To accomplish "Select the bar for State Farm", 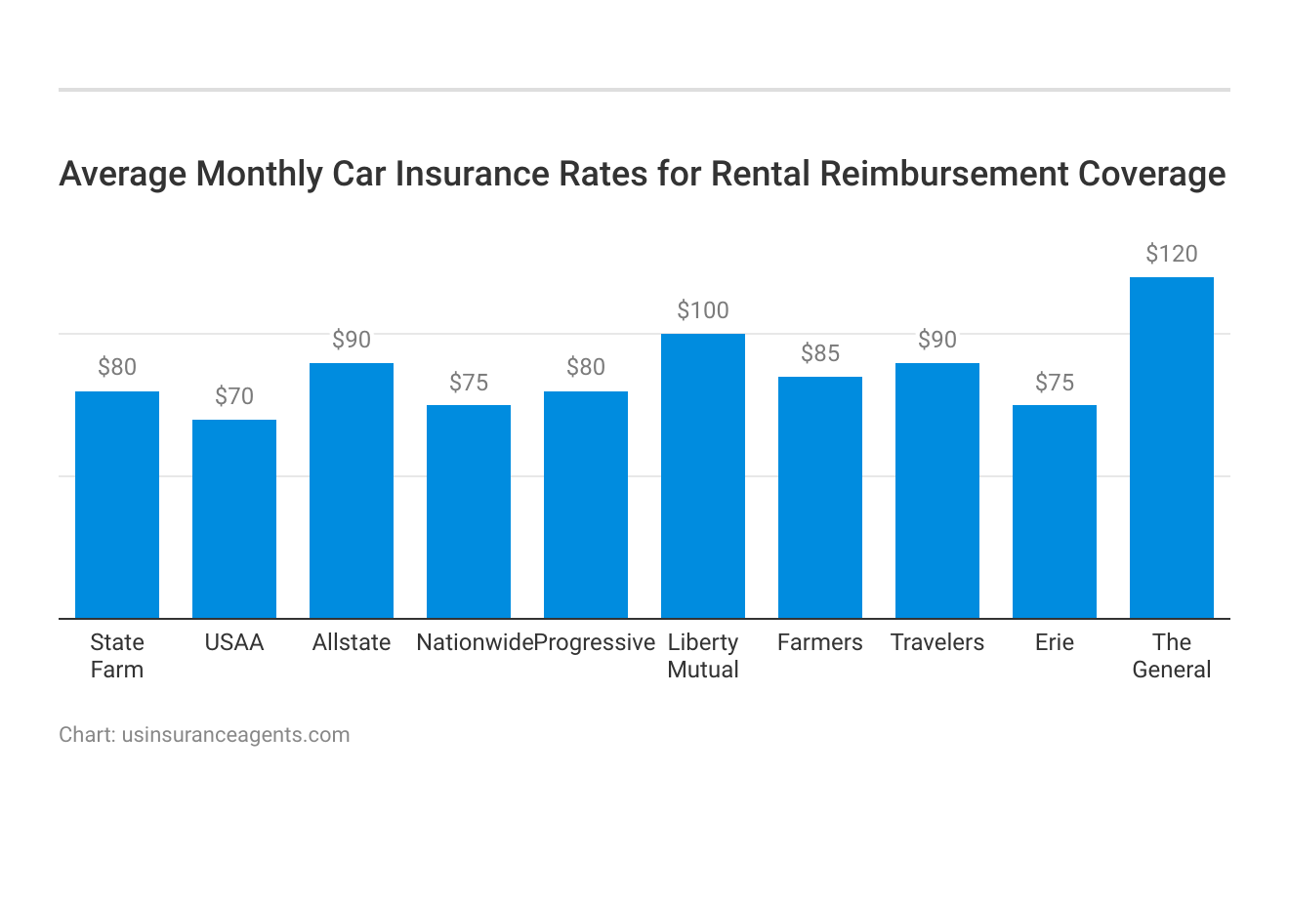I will [117, 505].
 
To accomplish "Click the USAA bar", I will [234, 518].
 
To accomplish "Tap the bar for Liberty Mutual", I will [703, 475].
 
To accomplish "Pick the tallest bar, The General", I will [1172, 447].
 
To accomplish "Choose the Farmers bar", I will [820, 497].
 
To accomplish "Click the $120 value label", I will [1172, 255].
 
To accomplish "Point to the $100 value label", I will [703, 311].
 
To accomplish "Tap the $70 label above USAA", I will [234, 396].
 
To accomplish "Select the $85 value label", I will [820, 353].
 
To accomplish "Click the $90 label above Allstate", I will [352, 340].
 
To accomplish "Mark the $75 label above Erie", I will [1055, 383].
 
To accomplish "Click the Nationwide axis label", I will [474, 642].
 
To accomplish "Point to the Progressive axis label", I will [595, 642].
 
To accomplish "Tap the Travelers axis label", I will [937, 642].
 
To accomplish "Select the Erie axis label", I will [1055, 642].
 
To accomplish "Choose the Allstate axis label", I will [352, 642].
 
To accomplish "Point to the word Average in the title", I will [123, 174].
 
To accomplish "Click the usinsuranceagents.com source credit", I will [235, 735].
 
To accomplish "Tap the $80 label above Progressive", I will [586, 368].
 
